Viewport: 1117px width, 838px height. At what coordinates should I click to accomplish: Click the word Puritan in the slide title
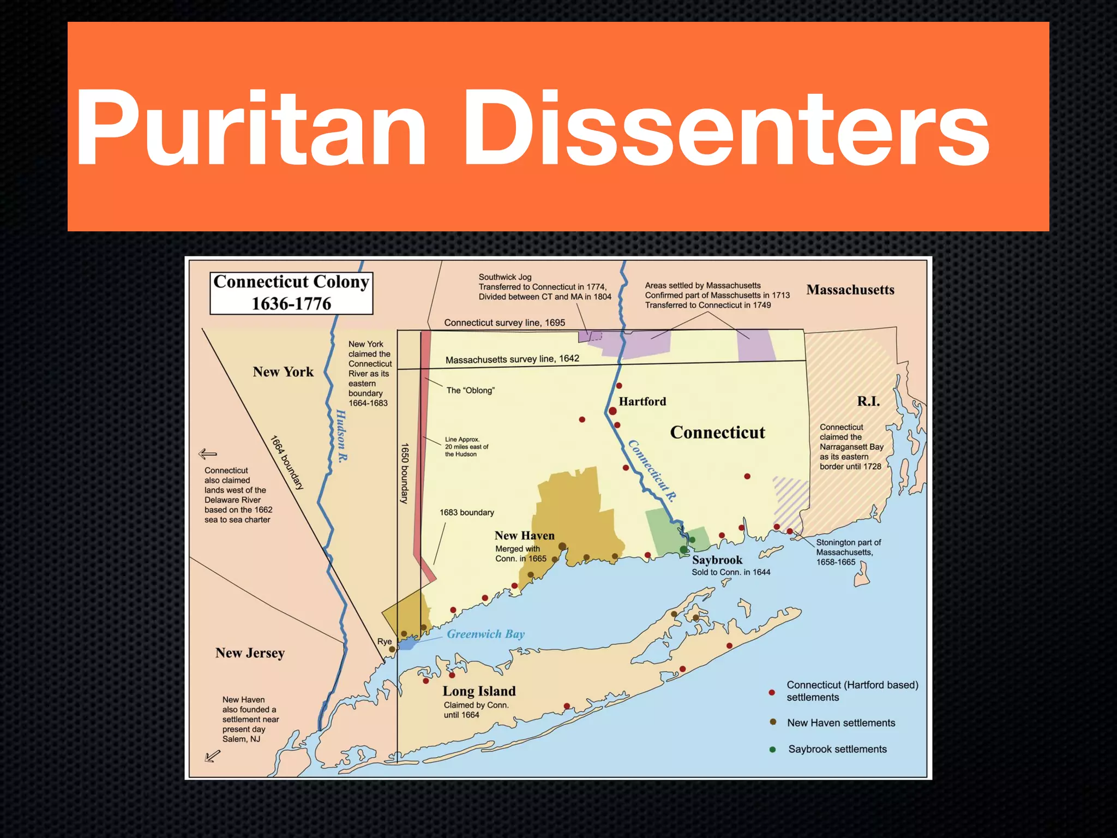click(x=251, y=129)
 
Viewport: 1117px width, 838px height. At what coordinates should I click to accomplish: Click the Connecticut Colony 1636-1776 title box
click(x=291, y=293)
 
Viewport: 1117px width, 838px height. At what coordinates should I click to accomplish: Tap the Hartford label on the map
click(x=642, y=402)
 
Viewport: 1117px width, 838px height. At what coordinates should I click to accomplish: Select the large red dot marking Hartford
click(x=612, y=411)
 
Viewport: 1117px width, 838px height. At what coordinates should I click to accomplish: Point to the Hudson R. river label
click(x=341, y=436)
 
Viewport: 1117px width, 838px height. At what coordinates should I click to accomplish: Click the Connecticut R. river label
click(x=652, y=471)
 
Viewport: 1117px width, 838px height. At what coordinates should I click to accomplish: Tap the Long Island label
click(x=479, y=691)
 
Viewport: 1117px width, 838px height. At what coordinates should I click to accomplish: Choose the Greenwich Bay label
click(x=485, y=634)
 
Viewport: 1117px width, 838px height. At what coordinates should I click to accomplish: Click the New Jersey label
click(x=250, y=653)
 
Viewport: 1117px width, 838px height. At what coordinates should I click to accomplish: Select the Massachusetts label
click(x=850, y=290)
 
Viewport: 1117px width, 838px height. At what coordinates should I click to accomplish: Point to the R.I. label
click(x=868, y=402)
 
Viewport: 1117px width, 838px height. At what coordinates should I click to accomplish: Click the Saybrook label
click(x=717, y=560)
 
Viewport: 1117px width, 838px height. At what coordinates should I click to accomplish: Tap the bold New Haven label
click(x=524, y=536)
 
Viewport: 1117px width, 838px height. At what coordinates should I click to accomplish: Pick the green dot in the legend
click(x=772, y=750)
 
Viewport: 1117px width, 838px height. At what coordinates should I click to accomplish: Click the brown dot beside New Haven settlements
click(x=773, y=722)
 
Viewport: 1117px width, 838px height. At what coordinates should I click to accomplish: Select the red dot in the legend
click(x=772, y=692)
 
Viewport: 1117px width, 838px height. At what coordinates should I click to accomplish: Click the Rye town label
click(x=385, y=642)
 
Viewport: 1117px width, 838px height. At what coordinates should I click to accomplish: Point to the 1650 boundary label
click(x=405, y=473)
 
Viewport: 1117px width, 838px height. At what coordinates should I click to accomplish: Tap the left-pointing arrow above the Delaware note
click(x=208, y=454)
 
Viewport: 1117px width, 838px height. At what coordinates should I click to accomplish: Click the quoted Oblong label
click(x=470, y=391)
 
